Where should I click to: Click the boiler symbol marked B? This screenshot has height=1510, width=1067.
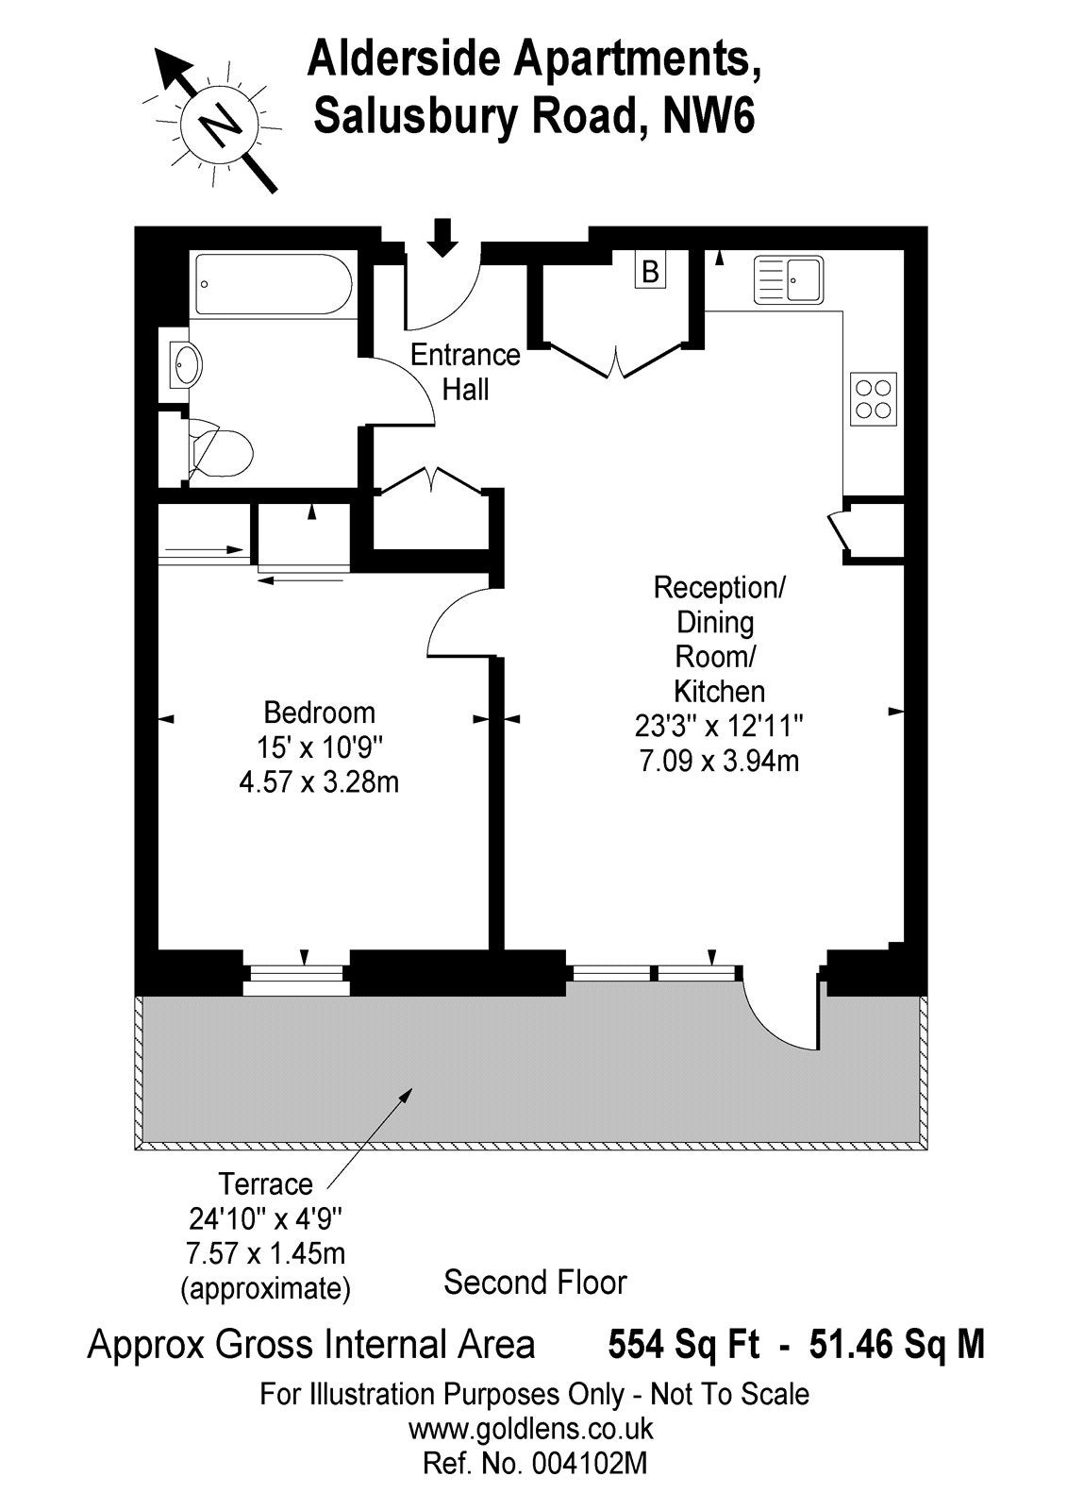click(x=650, y=271)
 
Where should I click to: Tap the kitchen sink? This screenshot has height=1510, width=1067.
click(x=789, y=279)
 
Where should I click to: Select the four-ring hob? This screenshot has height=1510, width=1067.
click(x=874, y=399)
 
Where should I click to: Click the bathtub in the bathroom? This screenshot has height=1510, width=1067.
click(x=273, y=284)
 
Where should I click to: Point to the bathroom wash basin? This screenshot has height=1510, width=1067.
click(x=185, y=363)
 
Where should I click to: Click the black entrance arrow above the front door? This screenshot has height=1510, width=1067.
click(x=442, y=237)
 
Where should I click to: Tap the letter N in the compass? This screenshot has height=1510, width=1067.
click(x=220, y=122)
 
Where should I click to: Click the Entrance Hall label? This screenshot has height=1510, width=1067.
click(x=465, y=372)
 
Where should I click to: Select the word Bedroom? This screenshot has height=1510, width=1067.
click(x=320, y=713)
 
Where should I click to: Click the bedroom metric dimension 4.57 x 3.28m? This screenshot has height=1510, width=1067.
click(x=319, y=782)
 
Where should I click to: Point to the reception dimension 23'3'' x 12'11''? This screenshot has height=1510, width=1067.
click(x=719, y=727)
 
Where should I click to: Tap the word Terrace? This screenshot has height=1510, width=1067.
click(x=266, y=1184)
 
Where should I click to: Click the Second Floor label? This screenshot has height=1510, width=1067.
click(x=535, y=1283)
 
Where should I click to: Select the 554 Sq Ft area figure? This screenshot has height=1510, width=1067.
click(x=683, y=1345)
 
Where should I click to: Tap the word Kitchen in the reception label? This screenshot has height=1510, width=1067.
click(x=719, y=691)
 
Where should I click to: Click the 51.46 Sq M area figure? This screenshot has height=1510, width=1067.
click(x=896, y=1345)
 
